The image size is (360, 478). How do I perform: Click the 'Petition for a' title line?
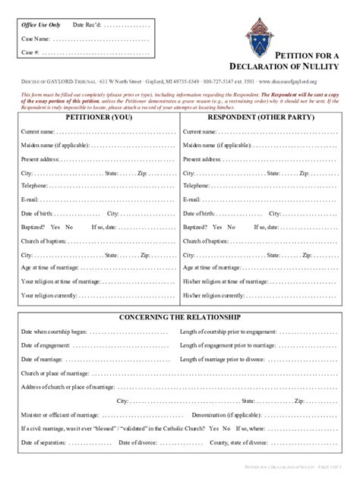click(x=307, y=55)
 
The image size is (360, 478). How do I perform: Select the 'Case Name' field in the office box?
click(x=99, y=38)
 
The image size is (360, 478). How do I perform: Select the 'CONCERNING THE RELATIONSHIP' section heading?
click(x=180, y=316)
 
